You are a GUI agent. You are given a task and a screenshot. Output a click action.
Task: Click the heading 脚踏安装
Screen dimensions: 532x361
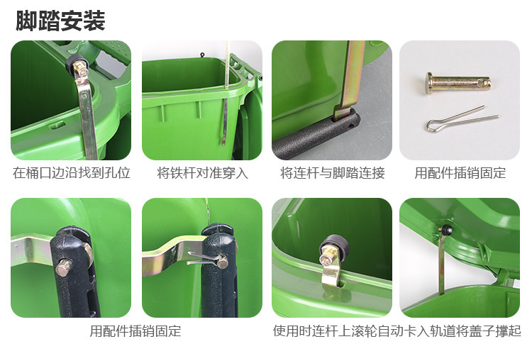pyautogui.click(x=60, y=21)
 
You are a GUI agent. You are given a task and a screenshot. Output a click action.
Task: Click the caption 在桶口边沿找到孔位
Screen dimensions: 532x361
pyautogui.click(x=72, y=172)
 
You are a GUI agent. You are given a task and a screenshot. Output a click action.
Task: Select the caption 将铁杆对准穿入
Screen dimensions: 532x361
pyautogui.click(x=202, y=172)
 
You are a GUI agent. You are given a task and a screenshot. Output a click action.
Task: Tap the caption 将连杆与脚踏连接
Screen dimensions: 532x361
pyautogui.click(x=332, y=172)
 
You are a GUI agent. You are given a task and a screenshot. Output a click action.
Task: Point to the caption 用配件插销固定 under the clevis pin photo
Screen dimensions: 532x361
pyautogui.click(x=460, y=172)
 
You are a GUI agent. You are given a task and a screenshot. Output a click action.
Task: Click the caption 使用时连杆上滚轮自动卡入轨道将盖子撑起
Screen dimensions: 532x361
pyautogui.click(x=397, y=331)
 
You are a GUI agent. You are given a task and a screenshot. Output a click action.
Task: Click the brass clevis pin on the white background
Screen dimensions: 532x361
pyautogui.click(x=458, y=82)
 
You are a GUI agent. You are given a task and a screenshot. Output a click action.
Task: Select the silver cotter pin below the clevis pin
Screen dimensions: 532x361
pyautogui.click(x=462, y=119)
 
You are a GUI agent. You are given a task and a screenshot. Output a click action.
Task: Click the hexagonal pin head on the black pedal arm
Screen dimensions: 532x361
pyautogui.click(x=64, y=267)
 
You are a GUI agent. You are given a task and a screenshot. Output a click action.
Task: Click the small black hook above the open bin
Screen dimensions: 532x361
pyautogui.click(x=202, y=55)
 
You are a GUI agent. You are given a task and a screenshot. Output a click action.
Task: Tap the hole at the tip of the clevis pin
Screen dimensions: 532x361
pyautogui.click(x=482, y=82)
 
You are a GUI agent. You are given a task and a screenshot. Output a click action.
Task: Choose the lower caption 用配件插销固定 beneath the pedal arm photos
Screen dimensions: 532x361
pyautogui.click(x=135, y=331)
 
